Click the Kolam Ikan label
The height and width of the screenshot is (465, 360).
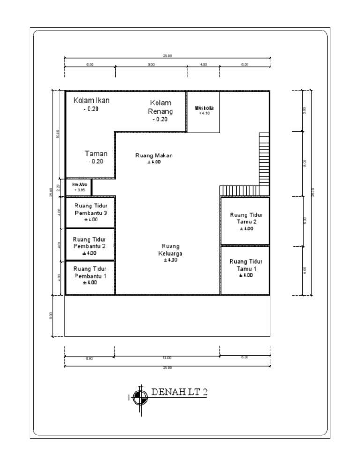(91, 100)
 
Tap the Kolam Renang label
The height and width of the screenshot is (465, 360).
(160, 107)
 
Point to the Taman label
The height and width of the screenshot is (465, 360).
(96, 154)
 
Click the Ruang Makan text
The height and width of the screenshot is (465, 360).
(154, 155)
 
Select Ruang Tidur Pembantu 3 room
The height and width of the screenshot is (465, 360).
(90, 212)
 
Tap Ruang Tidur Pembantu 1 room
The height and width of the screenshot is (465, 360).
(90, 275)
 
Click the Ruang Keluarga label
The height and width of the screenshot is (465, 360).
(171, 250)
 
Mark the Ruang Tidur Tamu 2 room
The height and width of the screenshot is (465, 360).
(246, 221)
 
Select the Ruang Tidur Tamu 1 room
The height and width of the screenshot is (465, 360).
(246, 268)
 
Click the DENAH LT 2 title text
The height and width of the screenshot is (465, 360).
(179, 392)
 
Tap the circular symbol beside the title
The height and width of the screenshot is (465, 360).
(139, 398)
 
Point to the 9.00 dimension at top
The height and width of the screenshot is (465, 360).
(151, 65)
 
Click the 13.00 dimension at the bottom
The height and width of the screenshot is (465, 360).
(167, 358)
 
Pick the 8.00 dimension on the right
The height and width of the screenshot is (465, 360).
(304, 163)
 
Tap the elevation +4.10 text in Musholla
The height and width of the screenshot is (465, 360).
(204, 113)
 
